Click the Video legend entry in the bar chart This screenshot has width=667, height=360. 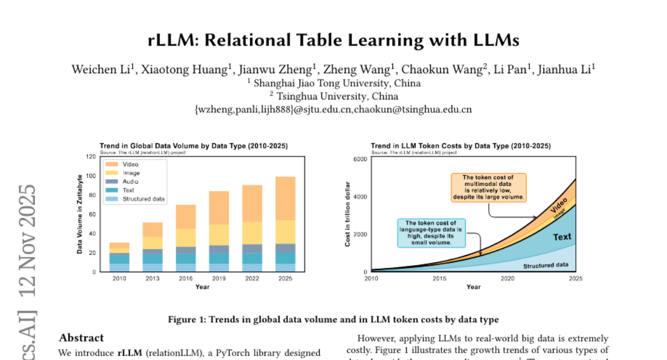coord(130,164)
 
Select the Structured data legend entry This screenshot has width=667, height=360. coord(143,199)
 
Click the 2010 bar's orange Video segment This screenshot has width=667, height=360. coord(120,245)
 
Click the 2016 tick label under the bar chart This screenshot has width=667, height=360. coord(186,278)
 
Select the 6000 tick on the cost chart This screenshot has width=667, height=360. coord(360,159)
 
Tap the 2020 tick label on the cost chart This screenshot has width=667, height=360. coord(507,278)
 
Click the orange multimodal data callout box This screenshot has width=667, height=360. coord(487,187)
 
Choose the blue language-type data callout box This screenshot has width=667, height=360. coord(431,233)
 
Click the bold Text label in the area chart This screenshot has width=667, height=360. coord(562,237)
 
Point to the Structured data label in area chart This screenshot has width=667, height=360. coord(546,266)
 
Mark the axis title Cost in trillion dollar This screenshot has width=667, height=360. coord(348,214)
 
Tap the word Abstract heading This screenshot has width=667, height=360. coord(81,338)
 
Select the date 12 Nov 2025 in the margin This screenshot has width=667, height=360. coord(27,242)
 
